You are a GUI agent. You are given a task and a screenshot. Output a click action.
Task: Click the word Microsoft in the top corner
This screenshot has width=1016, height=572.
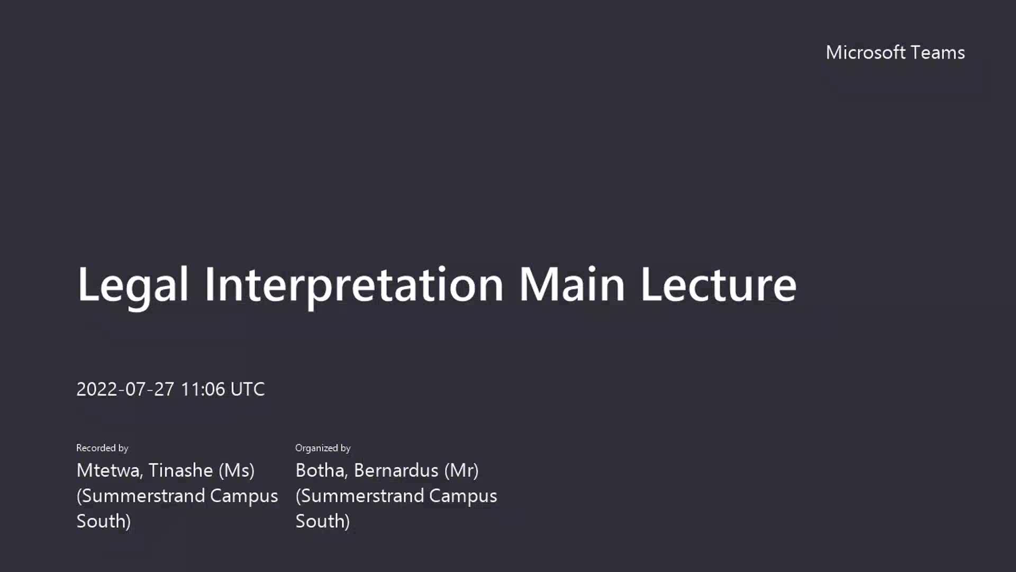866,52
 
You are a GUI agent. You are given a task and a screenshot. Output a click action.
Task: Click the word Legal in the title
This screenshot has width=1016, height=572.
133,286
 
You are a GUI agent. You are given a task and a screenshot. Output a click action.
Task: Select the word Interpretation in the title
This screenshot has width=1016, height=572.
354,286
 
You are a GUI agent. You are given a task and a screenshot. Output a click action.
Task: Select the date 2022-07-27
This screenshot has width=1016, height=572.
125,389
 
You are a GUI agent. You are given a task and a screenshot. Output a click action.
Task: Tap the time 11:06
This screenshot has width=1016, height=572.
203,389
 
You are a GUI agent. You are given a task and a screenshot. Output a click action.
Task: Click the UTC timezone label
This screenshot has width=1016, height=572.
248,389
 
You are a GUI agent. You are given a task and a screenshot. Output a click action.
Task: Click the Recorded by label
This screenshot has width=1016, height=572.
102,448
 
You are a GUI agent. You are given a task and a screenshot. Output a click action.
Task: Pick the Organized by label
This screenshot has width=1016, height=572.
323,448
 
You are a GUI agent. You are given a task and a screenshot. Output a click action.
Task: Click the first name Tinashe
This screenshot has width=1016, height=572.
180,470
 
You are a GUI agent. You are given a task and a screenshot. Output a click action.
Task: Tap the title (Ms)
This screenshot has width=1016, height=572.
237,470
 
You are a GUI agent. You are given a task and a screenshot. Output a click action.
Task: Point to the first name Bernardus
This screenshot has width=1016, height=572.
396,470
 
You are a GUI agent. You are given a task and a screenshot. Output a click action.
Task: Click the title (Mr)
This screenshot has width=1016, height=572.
461,470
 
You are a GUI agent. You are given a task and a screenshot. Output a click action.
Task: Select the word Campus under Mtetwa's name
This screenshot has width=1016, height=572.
244,496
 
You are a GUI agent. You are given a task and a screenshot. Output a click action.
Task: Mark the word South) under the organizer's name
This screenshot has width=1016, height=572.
323,521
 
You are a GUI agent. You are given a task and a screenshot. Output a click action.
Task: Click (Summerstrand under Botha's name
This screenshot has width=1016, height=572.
359,496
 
